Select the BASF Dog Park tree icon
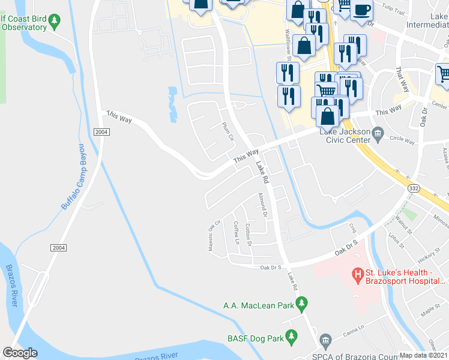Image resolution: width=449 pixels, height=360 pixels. coord(292,338)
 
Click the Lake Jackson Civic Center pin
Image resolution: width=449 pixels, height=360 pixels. coord(377,133)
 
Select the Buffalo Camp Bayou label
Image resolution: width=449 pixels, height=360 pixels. coord(71,177)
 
